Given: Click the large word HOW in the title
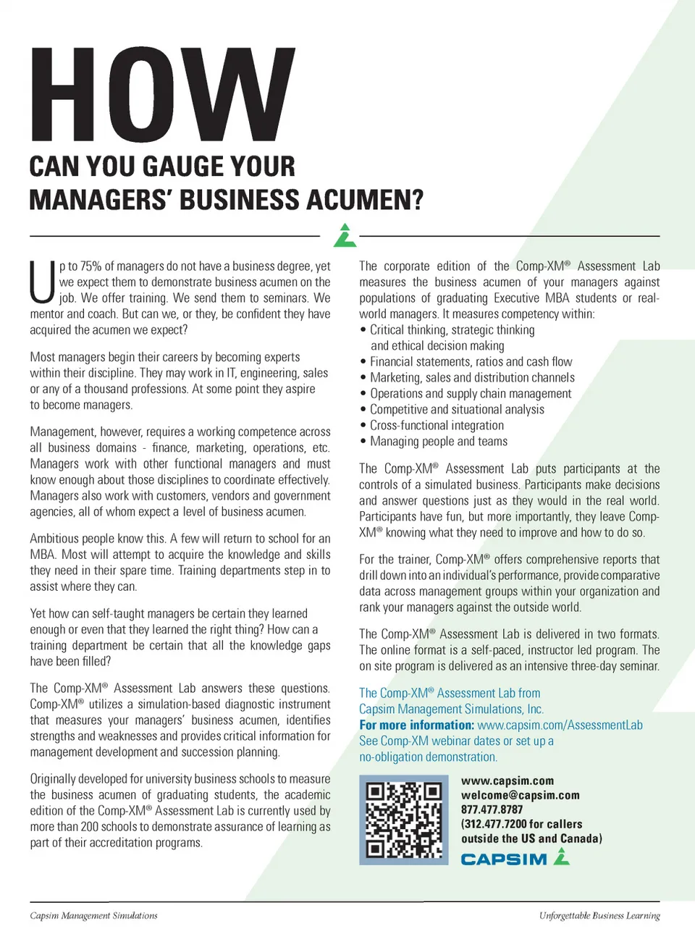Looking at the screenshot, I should (x=162, y=96).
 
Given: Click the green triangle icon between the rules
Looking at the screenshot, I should (x=345, y=235).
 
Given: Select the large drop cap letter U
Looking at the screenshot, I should (x=42, y=282).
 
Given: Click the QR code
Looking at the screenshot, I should (x=403, y=820).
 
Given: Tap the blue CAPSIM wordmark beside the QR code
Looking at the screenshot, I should (x=504, y=859).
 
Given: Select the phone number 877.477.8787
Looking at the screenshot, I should (x=492, y=809).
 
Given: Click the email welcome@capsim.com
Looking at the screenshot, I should (x=520, y=795).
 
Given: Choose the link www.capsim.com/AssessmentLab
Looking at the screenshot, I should (x=560, y=725).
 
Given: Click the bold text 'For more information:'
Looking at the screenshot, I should (x=416, y=725).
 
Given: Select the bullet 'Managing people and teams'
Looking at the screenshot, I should (x=439, y=442).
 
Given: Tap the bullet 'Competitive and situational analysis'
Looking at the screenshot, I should (x=457, y=410).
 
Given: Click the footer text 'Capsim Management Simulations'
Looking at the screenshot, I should (x=93, y=916).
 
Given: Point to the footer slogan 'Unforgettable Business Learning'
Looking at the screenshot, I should (x=599, y=916).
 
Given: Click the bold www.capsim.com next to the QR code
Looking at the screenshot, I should (x=507, y=781).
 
